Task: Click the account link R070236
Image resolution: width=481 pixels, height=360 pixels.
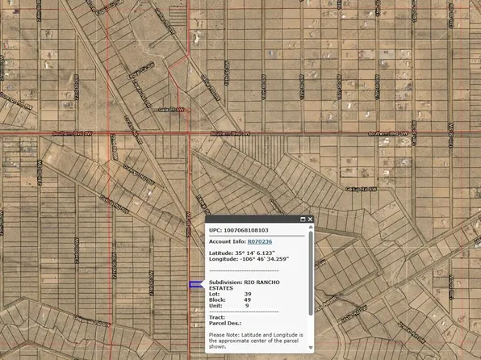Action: (260, 241)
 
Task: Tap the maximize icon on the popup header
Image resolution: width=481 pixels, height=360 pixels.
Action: (303, 219)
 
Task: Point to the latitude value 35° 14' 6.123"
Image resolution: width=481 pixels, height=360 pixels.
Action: (260, 253)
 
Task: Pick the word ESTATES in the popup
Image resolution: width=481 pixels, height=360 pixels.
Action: (221, 287)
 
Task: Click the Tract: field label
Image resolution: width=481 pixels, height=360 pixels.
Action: (216, 317)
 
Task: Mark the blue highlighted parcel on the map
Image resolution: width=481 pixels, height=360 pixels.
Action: (196, 284)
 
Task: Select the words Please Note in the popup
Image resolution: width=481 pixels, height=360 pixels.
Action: (225, 334)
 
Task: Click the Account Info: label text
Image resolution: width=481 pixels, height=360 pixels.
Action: (227, 241)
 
